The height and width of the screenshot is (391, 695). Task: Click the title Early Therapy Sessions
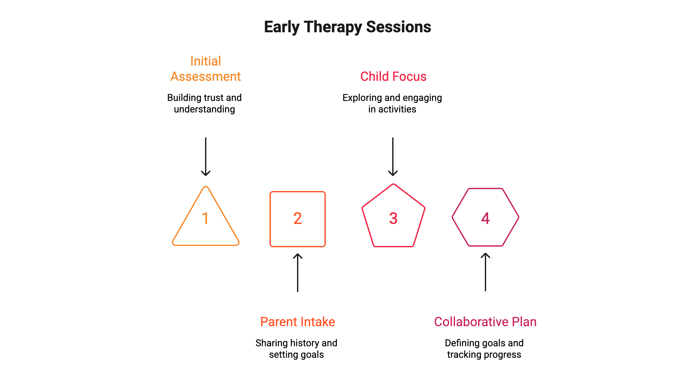point(347,27)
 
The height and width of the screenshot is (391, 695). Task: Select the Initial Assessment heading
point(205,69)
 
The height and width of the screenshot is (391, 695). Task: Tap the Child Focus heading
point(393,77)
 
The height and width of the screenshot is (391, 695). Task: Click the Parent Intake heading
point(297,322)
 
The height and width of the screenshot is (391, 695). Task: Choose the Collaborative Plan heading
point(485,322)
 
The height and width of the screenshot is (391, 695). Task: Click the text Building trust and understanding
point(204,103)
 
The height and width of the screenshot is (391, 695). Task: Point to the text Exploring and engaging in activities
point(392,103)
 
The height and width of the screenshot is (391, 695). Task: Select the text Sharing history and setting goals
point(296,349)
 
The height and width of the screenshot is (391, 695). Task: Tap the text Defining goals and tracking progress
point(484,349)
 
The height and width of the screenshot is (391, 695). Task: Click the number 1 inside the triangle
point(205,219)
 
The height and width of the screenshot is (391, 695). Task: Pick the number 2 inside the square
point(298,219)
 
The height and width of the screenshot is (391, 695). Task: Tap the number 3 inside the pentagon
point(393,219)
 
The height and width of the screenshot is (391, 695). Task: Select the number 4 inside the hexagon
point(485,219)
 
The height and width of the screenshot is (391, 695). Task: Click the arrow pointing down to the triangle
point(206,157)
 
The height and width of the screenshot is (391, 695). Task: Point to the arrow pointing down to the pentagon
point(393,157)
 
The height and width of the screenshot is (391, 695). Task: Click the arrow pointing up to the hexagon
point(485,272)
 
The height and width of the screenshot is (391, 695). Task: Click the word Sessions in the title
point(399,27)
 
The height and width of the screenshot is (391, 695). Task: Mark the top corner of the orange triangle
point(206,187)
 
